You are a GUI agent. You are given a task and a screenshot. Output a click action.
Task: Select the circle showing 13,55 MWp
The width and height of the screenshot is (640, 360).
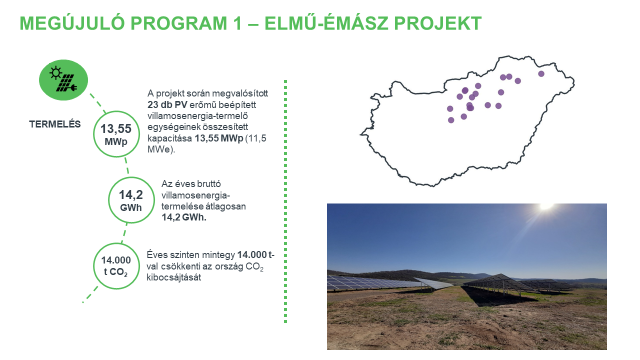(x=114, y=136)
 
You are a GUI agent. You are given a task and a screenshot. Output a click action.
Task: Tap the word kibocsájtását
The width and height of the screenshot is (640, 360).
(x=174, y=277)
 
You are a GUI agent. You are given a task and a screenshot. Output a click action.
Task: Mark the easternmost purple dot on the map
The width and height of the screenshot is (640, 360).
(x=541, y=73)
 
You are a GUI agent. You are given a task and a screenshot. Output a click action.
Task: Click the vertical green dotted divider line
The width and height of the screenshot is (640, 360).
(x=287, y=200)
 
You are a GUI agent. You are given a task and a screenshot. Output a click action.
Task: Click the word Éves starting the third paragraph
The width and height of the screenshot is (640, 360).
(x=159, y=255)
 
